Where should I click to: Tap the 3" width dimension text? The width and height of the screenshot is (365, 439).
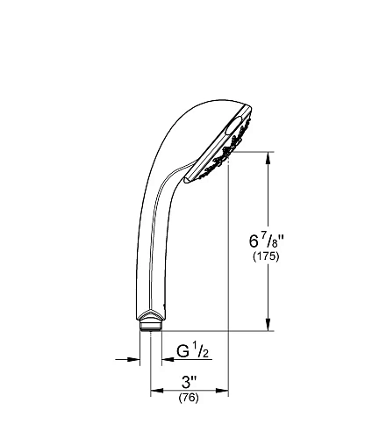point(189,382)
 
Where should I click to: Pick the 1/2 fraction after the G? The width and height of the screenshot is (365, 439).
point(201,353)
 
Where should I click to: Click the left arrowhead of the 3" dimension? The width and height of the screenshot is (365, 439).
point(155,392)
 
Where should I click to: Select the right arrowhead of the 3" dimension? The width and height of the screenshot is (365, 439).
point(224,392)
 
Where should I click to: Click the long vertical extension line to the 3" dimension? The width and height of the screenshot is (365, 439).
point(229,281)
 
